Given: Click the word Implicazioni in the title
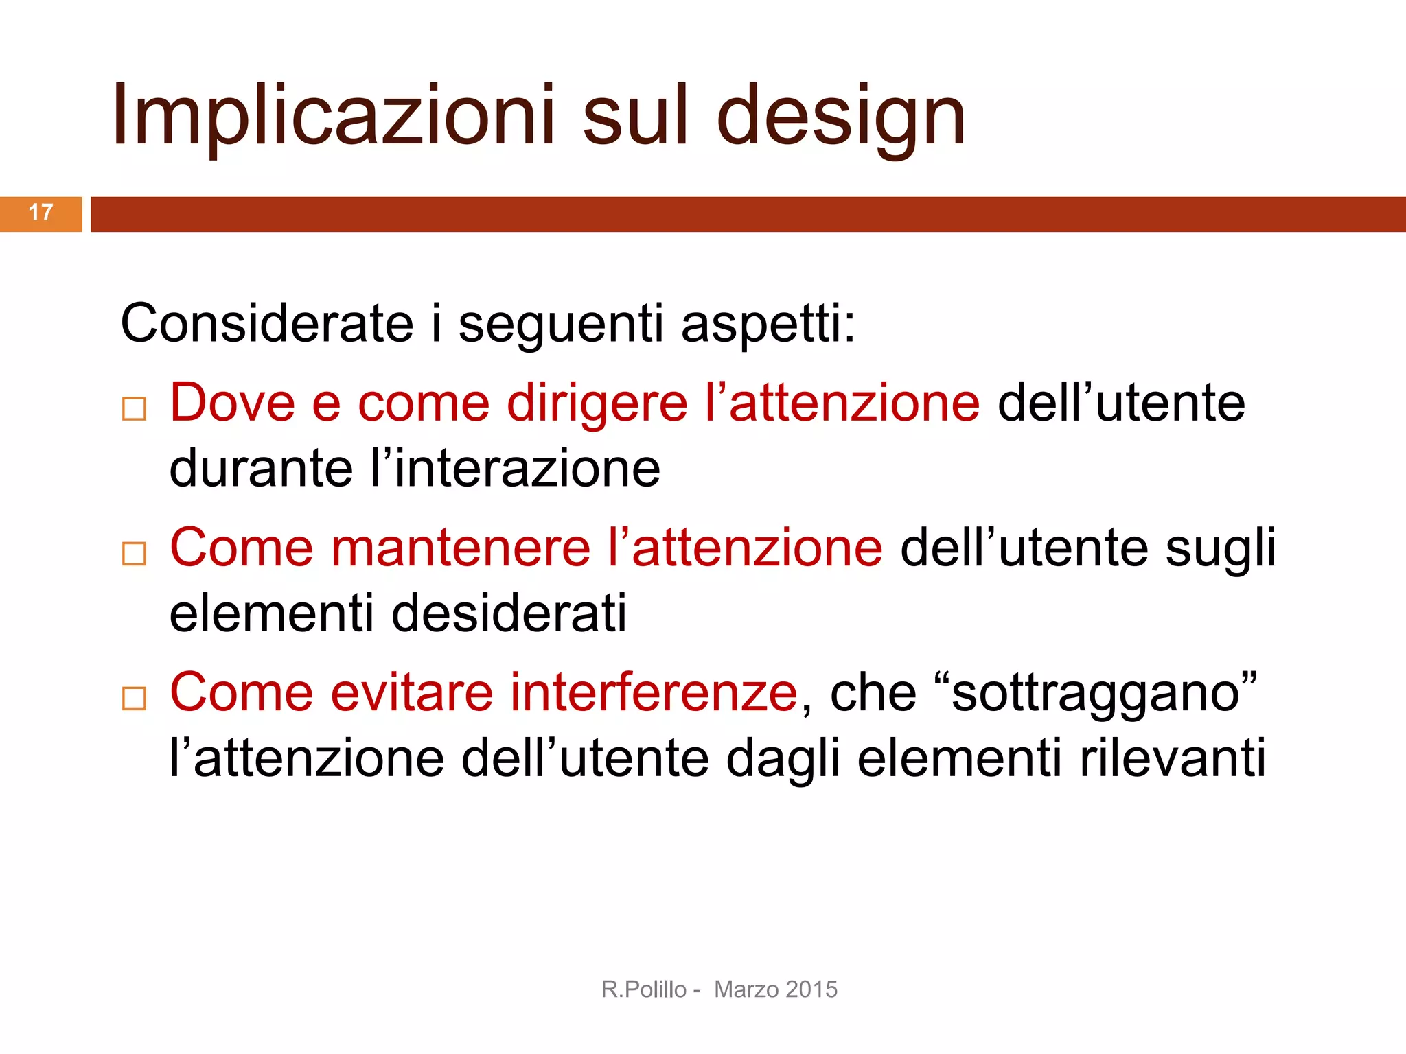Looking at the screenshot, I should coord(334,115).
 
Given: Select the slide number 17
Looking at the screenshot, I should coord(41,213).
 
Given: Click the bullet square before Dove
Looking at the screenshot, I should coord(134,408).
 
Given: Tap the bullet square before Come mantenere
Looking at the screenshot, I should coord(134,553).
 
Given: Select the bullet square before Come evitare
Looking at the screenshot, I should coord(134,698).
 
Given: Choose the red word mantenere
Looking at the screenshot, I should coord(461,548).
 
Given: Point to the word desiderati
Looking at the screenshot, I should coord(509,613).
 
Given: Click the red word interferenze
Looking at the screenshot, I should coord(653,692).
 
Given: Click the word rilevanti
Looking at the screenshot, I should coord(1173,758).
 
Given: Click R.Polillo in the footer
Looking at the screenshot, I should coord(643,989).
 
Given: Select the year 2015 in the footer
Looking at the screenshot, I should coord(811,989).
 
